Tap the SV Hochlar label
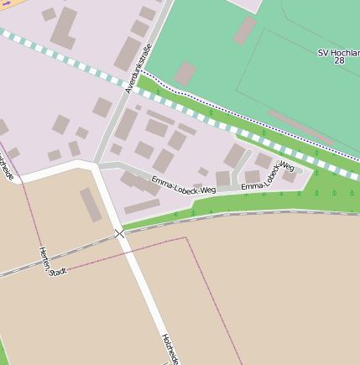[338, 52]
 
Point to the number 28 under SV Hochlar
[339, 61]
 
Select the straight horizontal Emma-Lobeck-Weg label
[184, 185]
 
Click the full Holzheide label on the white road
[171, 348]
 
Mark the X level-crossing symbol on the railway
[120, 233]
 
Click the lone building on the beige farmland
[91, 205]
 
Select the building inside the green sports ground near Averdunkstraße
[185, 73]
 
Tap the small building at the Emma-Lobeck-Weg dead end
[290, 176]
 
